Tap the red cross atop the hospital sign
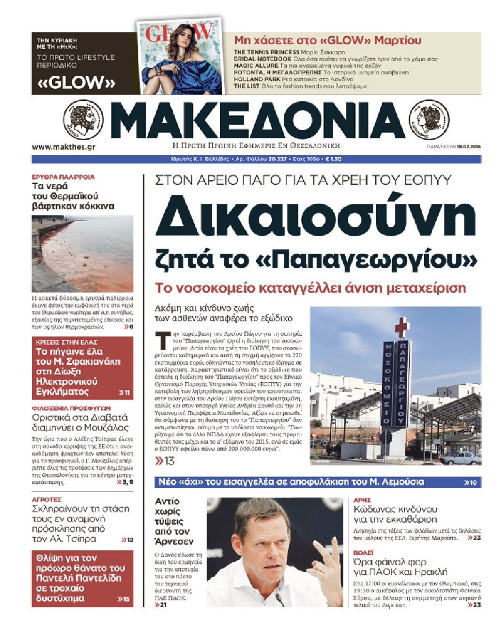[x=401, y=327]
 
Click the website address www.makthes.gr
[x=64, y=147]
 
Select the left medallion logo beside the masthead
[x=82, y=120]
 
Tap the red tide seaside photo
[x=82, y=254]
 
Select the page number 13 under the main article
[x=165, y=461]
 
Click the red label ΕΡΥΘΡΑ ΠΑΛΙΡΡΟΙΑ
[x=63, y=177]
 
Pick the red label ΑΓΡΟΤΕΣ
[x=47, y=499]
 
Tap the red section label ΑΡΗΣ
[x=362, y=500]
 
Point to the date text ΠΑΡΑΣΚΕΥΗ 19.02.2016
[x=454, y=147]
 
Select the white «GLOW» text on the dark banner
[x=76, y=83]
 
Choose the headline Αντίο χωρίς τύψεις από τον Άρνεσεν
[x=173, y=521]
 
